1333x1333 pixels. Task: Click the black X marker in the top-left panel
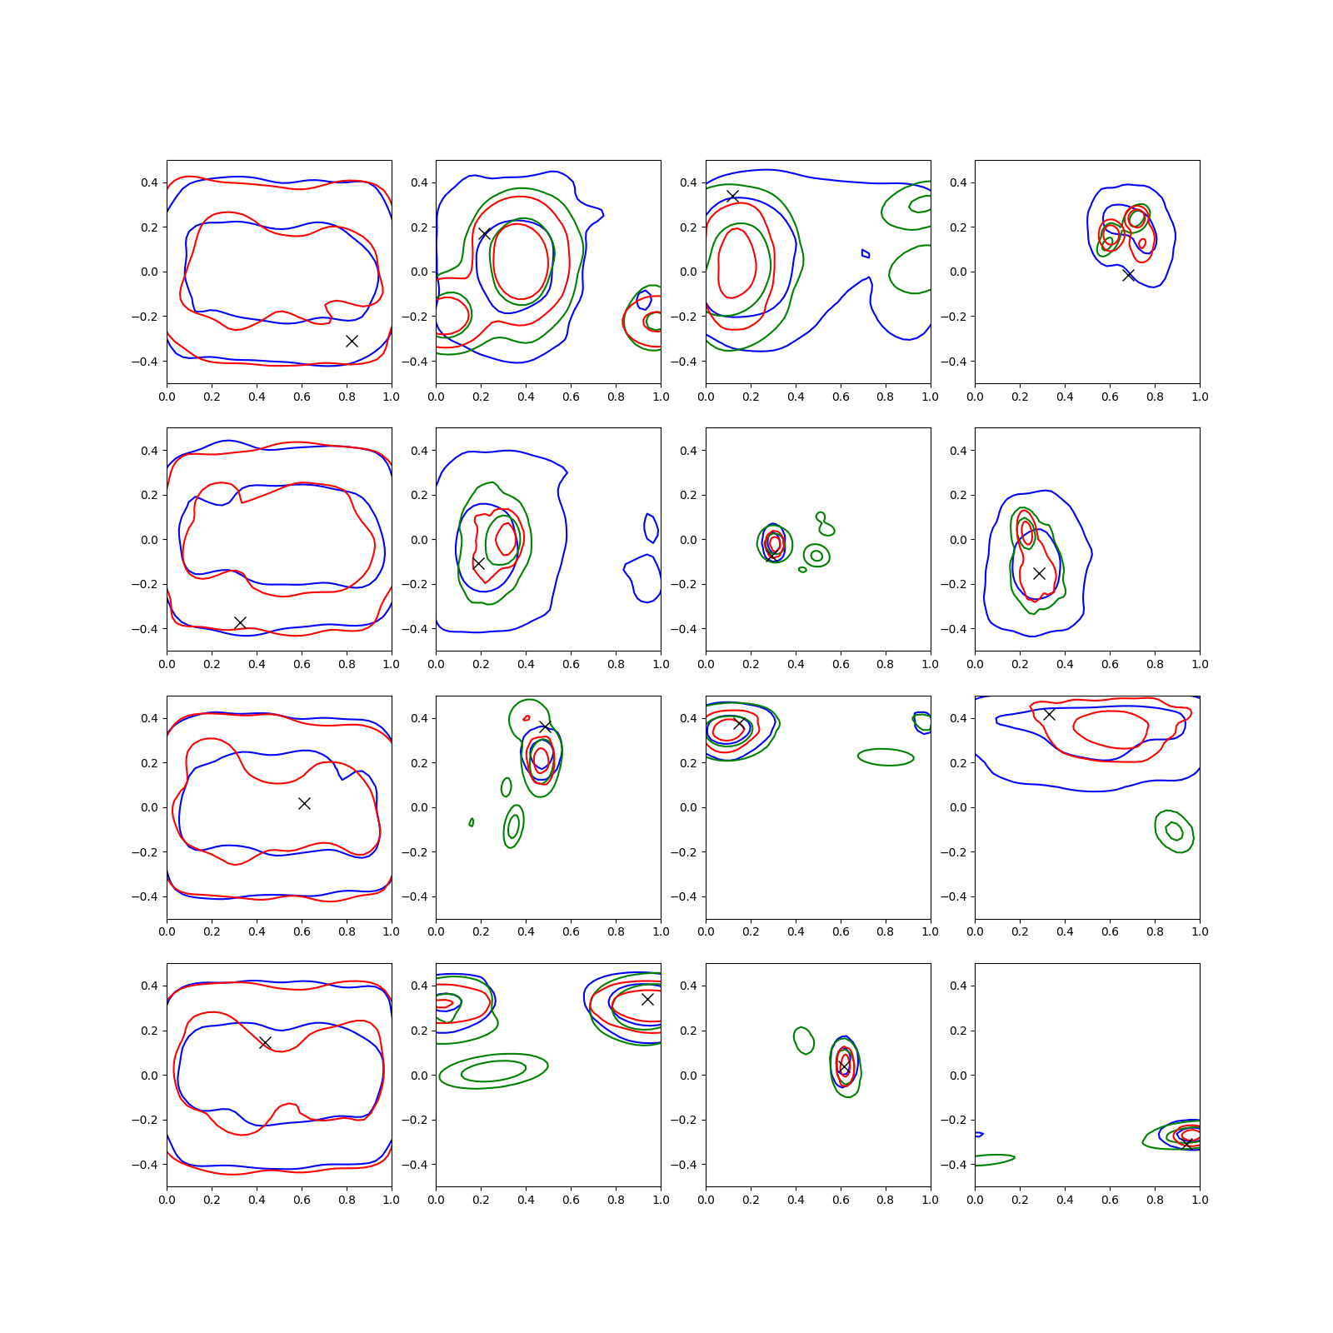point(352,341)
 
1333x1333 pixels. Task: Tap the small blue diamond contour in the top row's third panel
point(866,253)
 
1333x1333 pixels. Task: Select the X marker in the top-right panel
point(1128,275)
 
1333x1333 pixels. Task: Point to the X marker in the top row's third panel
point(732,196)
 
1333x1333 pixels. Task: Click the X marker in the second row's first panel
point(240,622)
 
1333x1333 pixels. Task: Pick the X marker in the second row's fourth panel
point(1039,573)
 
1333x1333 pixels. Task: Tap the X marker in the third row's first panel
point(304,803)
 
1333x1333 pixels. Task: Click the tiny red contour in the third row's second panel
point(527,718)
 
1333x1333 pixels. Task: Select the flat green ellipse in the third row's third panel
point(886,757)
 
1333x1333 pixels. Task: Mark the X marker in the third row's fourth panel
point(1049,714)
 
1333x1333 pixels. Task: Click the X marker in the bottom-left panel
point(265,1043)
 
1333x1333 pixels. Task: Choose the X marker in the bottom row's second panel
point(647,999)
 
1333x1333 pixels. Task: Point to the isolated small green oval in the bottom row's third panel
point(804,1041)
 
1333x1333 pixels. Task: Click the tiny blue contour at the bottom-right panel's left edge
point(979,1135)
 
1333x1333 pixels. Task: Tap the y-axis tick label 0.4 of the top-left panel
point(149,182)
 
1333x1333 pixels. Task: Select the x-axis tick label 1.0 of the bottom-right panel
point(1200,1200)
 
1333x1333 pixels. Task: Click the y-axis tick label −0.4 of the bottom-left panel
point(144,1165)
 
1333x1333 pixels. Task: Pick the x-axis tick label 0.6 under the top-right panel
point(1110,397)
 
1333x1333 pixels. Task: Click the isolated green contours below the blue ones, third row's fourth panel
point(1175,831)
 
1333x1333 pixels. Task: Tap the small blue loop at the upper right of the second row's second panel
point(652,528)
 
